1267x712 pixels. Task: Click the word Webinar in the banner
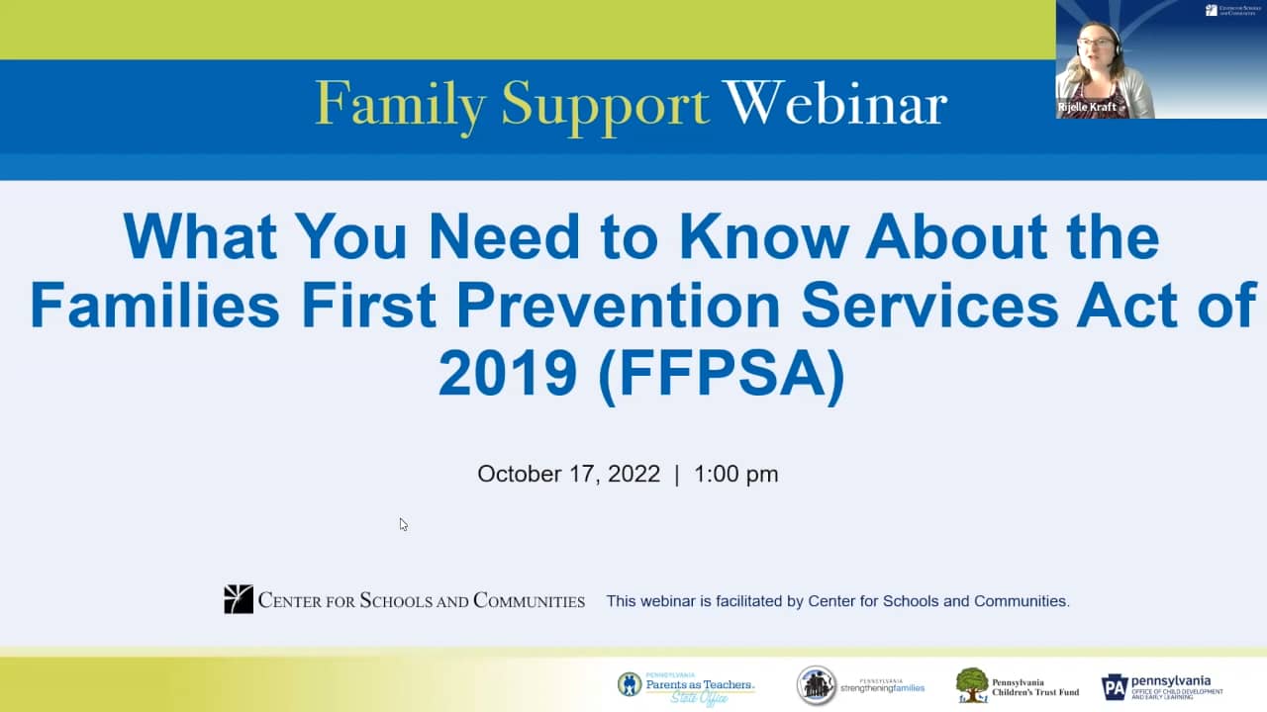(x=834, y=104)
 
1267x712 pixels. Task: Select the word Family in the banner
(x=401, y=104)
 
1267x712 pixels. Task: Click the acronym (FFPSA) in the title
(x=722, y=375)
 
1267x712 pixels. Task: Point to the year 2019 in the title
(x=508, y=375)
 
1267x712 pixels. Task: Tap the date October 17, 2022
(x=568, y=474)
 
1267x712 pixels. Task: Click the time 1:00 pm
(x=736, y=474)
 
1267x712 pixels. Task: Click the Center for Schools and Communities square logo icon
(x=239, y=599)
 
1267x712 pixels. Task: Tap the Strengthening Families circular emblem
(x=817, y=685)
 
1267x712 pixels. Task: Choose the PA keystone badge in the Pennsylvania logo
(x=1115, y=686)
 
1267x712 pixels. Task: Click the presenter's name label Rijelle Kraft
(x=1088, y=107)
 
